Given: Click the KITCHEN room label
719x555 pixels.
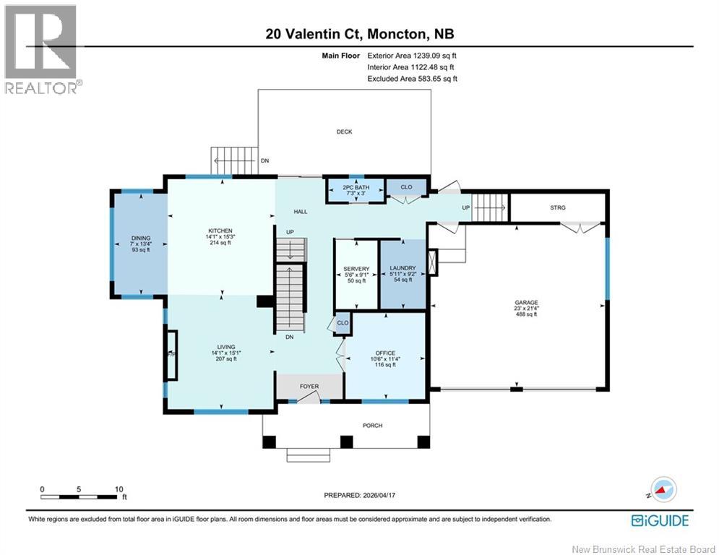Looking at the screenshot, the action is point(220,231).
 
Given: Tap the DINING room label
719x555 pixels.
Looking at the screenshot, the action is point(141,238).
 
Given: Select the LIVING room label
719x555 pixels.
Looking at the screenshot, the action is point(226,347).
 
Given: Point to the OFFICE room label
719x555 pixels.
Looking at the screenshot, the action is point(385,353).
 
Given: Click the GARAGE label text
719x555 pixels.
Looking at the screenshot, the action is point(526,303).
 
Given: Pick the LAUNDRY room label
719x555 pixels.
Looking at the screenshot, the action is point(402,268).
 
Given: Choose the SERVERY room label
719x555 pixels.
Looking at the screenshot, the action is point(356,269).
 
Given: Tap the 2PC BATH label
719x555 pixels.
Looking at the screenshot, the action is point(356,187).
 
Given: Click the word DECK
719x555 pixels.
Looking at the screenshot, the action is point(345,132).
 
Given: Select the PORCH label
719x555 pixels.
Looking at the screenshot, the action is point(372,426).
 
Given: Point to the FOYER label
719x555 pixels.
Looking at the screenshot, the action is point(309,386).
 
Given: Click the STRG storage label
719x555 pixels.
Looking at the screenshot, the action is point(558,208).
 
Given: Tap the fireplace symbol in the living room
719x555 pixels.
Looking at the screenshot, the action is point(171,355).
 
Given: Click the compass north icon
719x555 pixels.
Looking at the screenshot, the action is point(663,489).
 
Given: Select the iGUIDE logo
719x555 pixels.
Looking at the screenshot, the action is point(660,520).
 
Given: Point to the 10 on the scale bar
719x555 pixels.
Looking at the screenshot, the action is point(119,489).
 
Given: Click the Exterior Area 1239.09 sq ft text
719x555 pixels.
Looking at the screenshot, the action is point(412,56).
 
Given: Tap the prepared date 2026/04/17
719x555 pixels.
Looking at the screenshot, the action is point(379,495).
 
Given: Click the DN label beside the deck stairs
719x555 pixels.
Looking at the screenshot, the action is point(264,161).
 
